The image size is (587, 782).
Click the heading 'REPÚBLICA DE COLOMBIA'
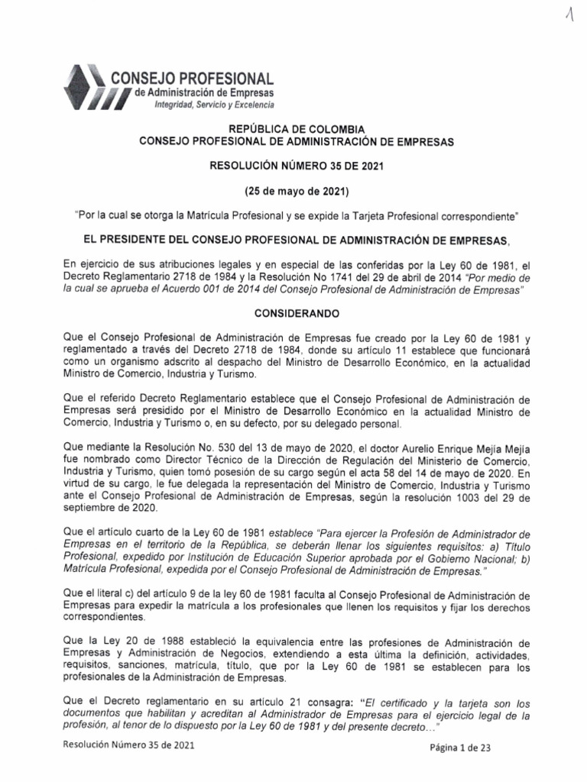[293, 129]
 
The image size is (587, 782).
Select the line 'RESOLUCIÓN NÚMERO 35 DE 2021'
[293, 165]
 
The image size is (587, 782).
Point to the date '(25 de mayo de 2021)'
[293, 190]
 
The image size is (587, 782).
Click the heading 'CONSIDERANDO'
[293, 314]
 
